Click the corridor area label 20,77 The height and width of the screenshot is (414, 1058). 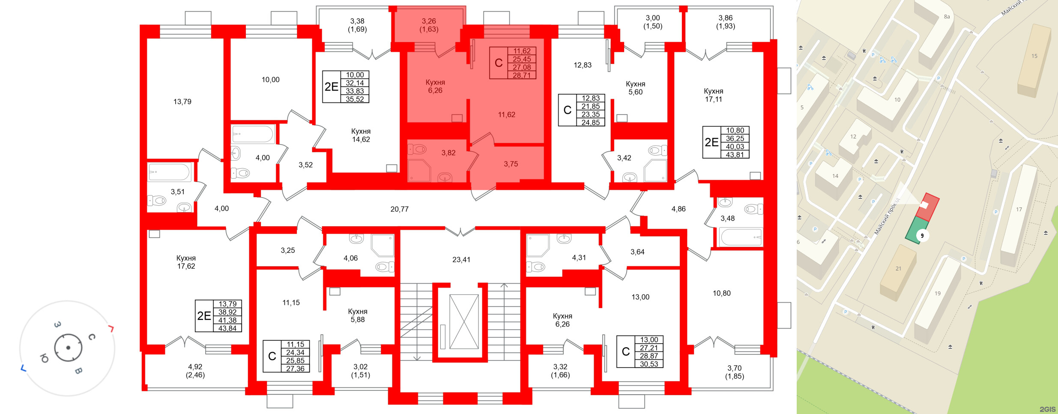399,209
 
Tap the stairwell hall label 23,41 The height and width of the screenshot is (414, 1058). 461,259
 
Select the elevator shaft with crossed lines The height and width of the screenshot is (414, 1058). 464,321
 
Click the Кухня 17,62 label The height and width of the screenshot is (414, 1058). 186,262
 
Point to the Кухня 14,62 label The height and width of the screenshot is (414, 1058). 361,135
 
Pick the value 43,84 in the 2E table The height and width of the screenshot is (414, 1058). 227,328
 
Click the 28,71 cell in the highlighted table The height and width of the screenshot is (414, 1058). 521,75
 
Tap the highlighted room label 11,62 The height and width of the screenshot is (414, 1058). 506,114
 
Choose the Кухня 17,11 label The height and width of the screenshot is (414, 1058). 713,95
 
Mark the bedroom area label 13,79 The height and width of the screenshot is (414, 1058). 182,102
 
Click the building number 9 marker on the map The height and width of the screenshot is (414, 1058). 922,236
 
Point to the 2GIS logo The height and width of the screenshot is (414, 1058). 1047,409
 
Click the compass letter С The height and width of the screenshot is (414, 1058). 92,337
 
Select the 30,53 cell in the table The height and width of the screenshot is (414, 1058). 649,364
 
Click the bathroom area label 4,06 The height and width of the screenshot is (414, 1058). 350,258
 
